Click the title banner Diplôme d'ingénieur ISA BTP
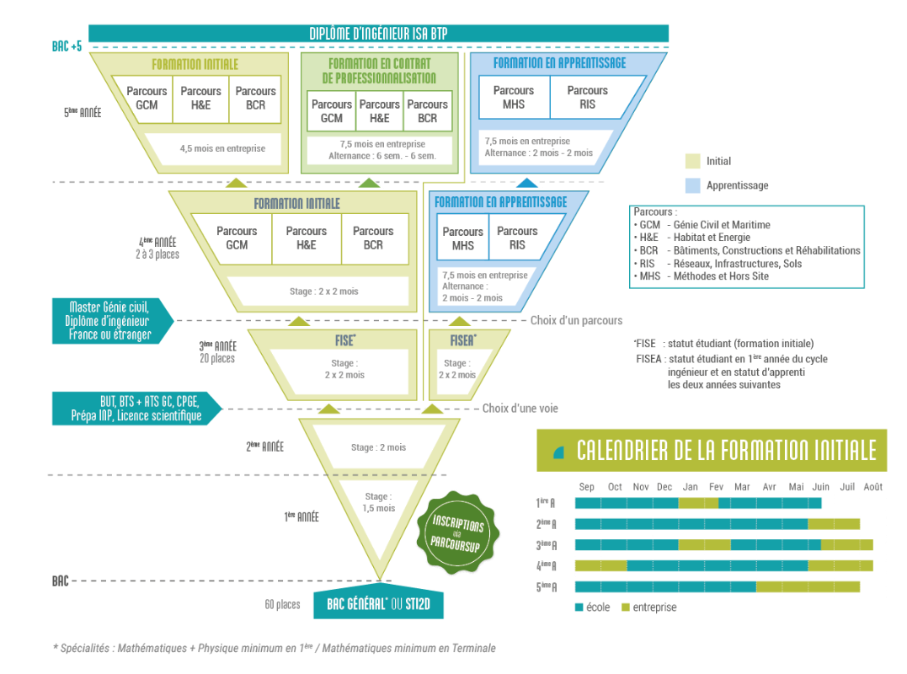[378, 34]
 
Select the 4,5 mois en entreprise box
[222, 148]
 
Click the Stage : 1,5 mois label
[377, 502]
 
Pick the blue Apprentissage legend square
[693, 185]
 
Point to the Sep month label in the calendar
[586, 487]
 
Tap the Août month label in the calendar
[872, 487]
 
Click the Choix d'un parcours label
[577, 320]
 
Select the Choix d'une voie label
[520, 408]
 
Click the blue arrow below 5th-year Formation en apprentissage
[526, 182]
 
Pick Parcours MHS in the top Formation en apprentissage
[514, 98]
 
